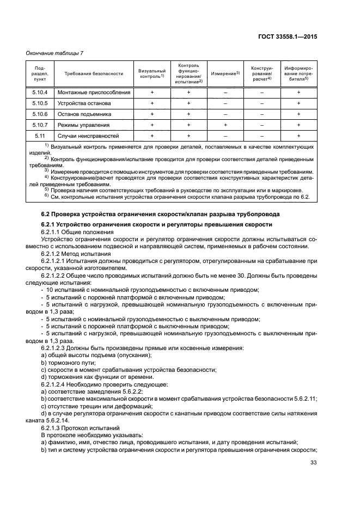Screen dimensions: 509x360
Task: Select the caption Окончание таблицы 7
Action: point(54,53)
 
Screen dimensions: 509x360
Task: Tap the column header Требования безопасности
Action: point(94,73)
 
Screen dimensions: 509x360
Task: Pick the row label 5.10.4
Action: point(40,93)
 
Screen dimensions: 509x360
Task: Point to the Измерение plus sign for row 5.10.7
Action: point(225,125)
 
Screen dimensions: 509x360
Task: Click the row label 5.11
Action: point(40,136)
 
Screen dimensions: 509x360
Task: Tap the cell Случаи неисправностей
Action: point(88,136)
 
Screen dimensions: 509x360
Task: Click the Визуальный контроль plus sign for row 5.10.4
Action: point(152,93)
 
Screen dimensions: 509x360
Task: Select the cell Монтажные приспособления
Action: point(94,93)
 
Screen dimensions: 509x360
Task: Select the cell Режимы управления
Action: point(84,125)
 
